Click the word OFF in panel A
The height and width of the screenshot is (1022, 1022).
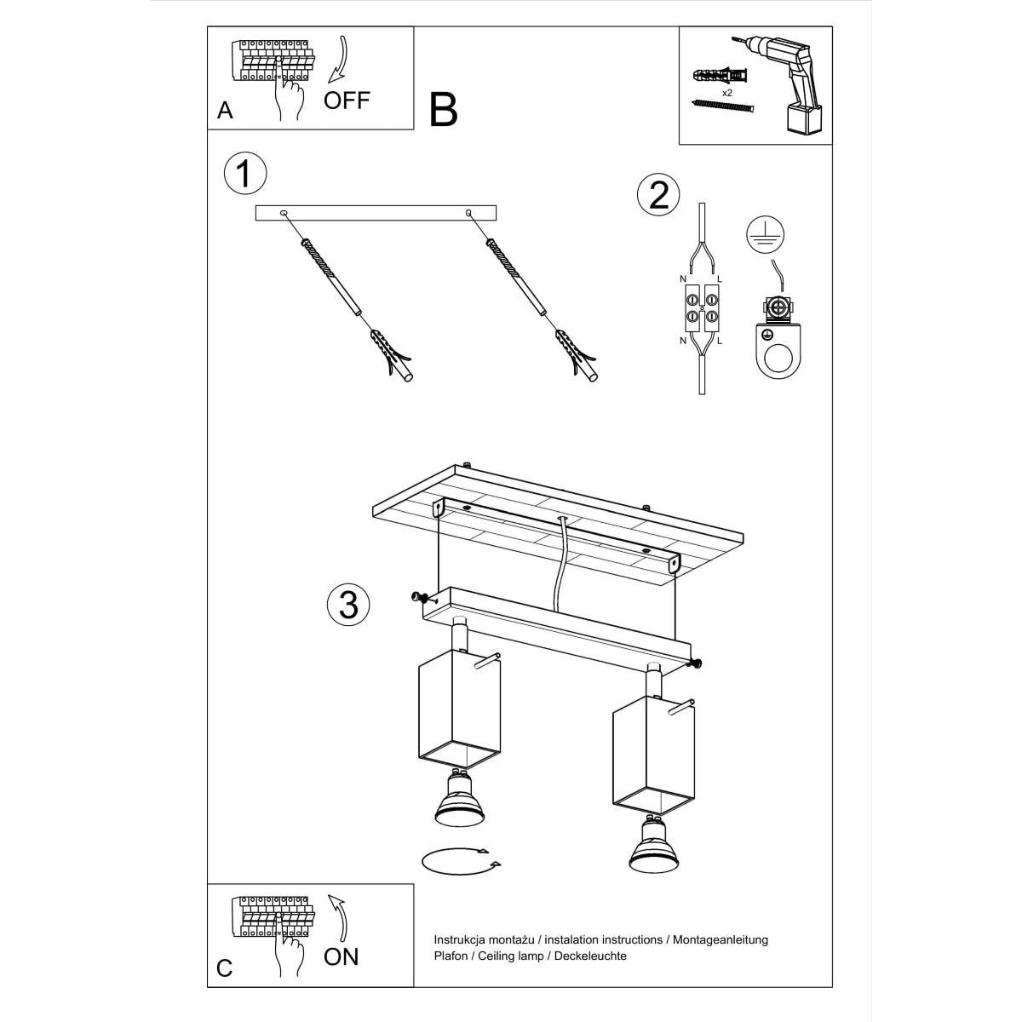347,100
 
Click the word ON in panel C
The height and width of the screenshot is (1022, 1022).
342,956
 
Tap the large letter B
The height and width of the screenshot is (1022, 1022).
444,110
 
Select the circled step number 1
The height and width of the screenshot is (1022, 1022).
244,174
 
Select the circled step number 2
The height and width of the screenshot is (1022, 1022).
658,195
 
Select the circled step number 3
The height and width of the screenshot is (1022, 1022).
347,605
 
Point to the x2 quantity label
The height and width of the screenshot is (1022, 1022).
727,91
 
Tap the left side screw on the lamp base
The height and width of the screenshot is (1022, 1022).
418,597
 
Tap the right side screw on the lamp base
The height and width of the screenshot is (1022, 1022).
695,664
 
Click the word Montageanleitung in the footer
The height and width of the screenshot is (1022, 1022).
721,939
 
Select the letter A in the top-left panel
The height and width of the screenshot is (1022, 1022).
225,111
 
